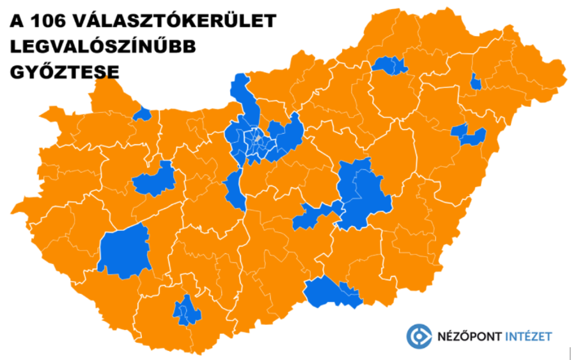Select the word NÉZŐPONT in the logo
tap(469, 337)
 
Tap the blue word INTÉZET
tap(529, 337)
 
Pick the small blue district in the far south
tap(187, 310)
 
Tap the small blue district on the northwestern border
tap(142, 114)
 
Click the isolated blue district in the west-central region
tap(155, 179)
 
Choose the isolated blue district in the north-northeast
tap(389, 65)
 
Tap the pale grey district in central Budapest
tap(256, 139)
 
